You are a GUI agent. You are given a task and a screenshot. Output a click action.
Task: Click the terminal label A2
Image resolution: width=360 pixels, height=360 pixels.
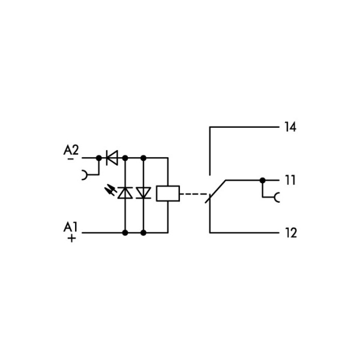tap(71, 150)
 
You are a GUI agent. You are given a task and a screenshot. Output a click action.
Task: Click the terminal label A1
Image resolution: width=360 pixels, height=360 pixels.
tap(70, 227)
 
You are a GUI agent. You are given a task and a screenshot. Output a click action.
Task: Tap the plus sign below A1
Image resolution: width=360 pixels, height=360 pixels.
tap(71, 239)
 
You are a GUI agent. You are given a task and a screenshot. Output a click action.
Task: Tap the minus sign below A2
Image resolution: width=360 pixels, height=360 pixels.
tap(71, 159)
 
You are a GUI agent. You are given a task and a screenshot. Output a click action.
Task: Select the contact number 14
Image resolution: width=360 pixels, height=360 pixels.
tap(290, 127)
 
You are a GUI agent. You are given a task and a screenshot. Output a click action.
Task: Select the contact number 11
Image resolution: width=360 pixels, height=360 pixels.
tap(290, 180)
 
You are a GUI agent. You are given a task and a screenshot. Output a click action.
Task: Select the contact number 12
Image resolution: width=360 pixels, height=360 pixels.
tap(291, 233)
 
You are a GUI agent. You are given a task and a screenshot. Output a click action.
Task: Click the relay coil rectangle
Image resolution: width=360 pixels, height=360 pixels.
tap(168, 194)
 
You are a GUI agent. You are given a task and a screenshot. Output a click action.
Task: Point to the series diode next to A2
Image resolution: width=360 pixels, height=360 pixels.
tap(112, 158)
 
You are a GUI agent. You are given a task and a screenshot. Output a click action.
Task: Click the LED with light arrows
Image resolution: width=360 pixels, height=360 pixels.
tap(125, 193)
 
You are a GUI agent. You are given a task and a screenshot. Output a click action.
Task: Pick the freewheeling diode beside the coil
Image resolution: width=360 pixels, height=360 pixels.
tap(143, 193)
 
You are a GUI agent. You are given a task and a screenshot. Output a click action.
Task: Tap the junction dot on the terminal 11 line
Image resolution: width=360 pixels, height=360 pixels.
tap(262, 181)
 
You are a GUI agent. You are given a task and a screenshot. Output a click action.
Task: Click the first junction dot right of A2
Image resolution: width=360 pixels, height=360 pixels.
tap(99, 158)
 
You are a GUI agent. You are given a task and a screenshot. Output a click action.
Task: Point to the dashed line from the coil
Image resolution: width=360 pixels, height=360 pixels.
tap(194, 194)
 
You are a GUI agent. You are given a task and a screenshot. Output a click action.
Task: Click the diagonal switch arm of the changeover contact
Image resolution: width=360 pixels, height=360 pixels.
tap(215, 191)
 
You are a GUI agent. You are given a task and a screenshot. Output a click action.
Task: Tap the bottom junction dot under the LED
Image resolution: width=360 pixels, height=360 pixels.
tap(125, 233)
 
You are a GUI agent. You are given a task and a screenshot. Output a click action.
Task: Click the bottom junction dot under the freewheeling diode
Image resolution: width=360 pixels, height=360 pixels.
tap(143, 233)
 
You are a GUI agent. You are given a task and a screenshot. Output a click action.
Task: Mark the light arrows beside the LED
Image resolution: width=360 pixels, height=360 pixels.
tap(110, 190)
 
